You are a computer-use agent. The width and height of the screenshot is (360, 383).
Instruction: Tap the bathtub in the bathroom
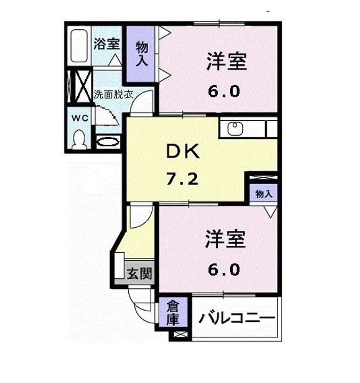[x=79, y=46]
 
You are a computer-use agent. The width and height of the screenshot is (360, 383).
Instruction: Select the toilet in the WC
[x=79, y=140]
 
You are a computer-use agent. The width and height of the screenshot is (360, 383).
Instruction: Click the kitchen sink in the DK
[x=235, y=129]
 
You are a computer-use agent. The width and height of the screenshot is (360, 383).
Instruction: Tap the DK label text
[x=183, y=153]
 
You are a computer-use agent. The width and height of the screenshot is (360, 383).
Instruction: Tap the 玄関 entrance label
[x=140, y=274]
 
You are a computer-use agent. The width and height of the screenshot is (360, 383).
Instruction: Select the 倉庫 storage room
[x=171, y=313]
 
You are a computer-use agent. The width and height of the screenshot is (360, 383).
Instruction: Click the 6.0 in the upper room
[x=224, y=91]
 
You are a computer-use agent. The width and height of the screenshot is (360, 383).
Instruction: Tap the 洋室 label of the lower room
[x=226, y=240]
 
